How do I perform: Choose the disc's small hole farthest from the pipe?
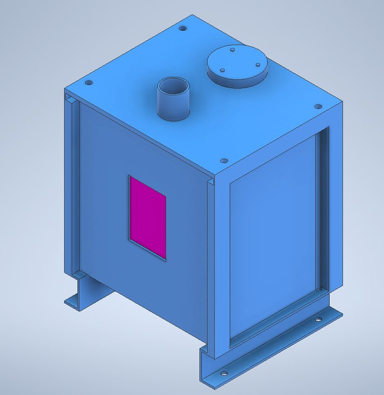257,64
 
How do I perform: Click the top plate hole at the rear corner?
182,28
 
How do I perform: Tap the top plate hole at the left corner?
89,82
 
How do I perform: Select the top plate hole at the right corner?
318,106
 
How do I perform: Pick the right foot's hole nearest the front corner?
223,373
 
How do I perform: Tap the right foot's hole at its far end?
319,320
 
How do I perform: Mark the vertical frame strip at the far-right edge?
334,204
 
